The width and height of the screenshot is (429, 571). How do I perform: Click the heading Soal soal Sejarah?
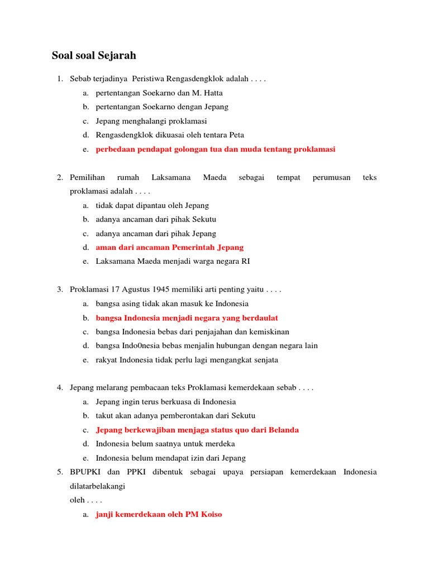tap(94, 56)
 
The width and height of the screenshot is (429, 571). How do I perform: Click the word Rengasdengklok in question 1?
tap(213, 79)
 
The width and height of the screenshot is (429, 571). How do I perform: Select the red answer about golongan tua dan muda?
tap(215, 149)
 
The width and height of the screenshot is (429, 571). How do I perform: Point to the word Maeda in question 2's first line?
tap(214, 177)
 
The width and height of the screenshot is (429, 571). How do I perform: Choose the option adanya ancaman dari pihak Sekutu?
tap(156, 219)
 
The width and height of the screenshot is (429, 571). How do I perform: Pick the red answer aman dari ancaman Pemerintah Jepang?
tap(170, 248)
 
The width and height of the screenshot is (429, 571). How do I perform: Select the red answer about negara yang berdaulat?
tap(187, 318)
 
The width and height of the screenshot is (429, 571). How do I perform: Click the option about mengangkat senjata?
tap(187, 360)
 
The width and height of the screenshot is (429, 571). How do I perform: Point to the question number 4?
tap(60, 388)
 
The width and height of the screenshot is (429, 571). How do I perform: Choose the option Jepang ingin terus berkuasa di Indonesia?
tap(166, 401)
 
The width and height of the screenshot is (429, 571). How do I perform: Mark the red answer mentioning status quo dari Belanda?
tap(197, 430)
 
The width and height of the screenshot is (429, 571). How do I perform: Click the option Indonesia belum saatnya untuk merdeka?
tap(165, 444)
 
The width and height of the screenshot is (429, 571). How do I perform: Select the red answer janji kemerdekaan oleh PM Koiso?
tap(159, 514)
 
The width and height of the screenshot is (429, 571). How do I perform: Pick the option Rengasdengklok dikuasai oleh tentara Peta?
tap(170, 135)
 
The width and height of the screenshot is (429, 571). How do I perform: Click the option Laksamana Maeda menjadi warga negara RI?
tap(173, 262)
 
